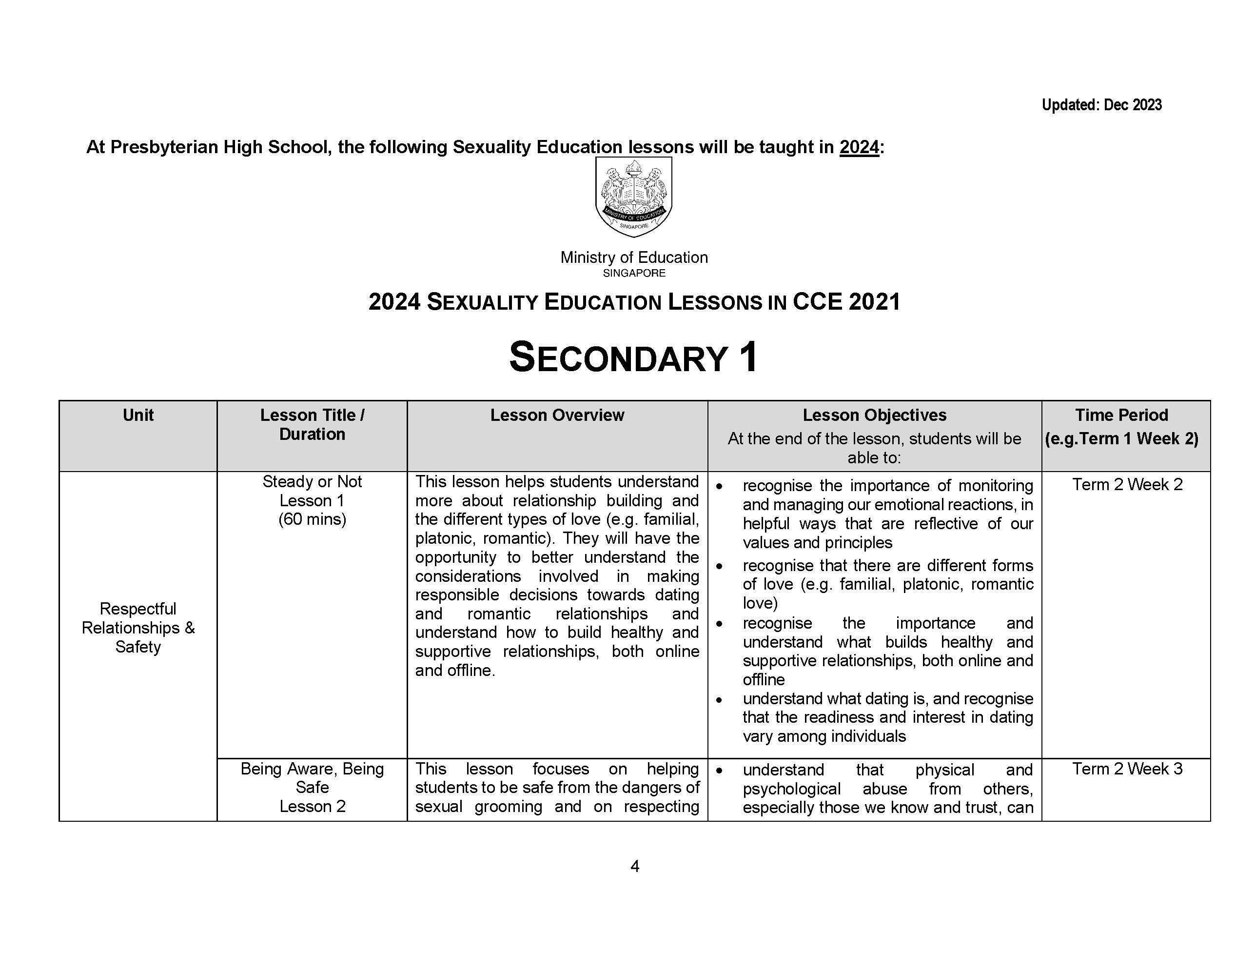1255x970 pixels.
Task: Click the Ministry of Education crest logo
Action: coord(633,197)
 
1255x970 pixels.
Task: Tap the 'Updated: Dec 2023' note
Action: coord(1101,105)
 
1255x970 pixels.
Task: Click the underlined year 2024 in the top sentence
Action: coord(859,148)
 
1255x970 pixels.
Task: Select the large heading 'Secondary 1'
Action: coord(633,357)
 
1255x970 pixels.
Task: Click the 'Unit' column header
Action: coord(138,415)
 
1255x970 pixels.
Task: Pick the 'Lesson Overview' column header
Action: coord(557,415)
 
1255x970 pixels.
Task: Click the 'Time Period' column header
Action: coord(1121,415)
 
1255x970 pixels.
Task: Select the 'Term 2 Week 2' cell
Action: coord(1127,484)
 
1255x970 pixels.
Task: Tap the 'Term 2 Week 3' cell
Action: coord(1127,769)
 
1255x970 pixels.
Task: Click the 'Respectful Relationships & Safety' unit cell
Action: coord(138,628)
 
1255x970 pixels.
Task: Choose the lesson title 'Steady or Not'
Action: coord(312,481)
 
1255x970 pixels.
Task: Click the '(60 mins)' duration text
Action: coord(312,519)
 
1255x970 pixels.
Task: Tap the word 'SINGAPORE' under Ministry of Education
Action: coord(634,274)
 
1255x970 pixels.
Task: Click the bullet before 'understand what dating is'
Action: coord(719,700)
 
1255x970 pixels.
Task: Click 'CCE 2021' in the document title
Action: coord(846,302)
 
